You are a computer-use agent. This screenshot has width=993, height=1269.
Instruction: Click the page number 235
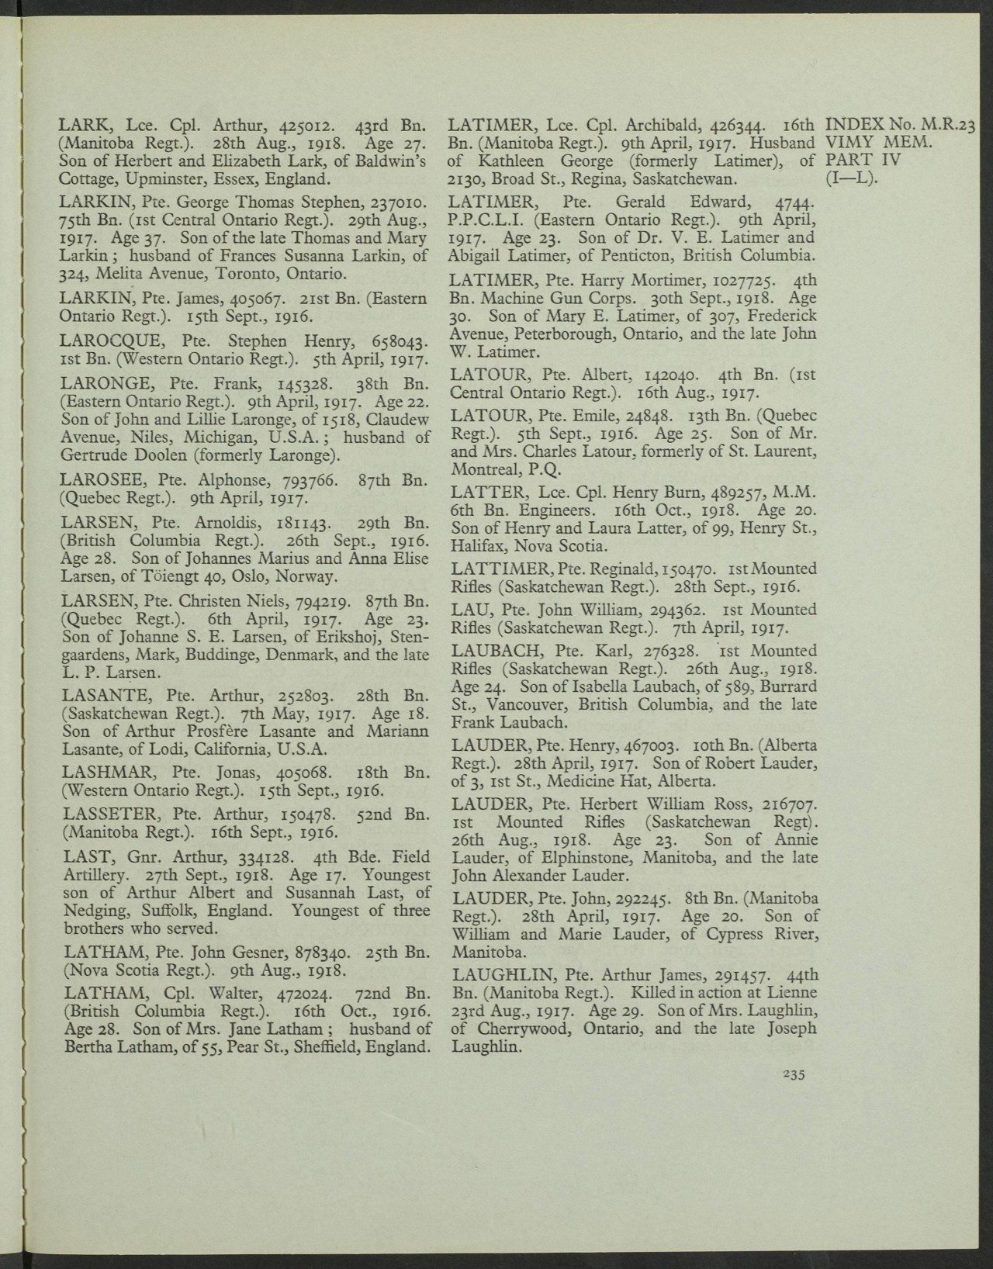[x=794, y=1074]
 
